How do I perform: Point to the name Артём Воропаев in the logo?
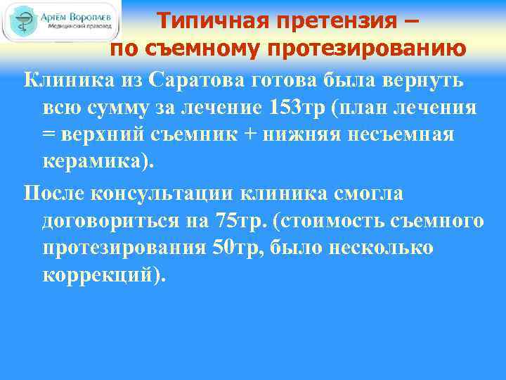point(77,15)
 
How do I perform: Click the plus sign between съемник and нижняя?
point(278,134)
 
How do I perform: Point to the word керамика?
point(96,161)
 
